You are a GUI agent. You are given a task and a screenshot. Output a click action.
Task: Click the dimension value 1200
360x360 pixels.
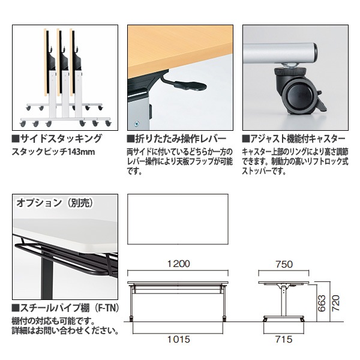[x=179, y=264]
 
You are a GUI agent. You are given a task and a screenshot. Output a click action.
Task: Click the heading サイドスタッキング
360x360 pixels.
[x=60, y=139]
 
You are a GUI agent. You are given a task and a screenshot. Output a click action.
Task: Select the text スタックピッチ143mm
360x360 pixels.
[x=54, y=151]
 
